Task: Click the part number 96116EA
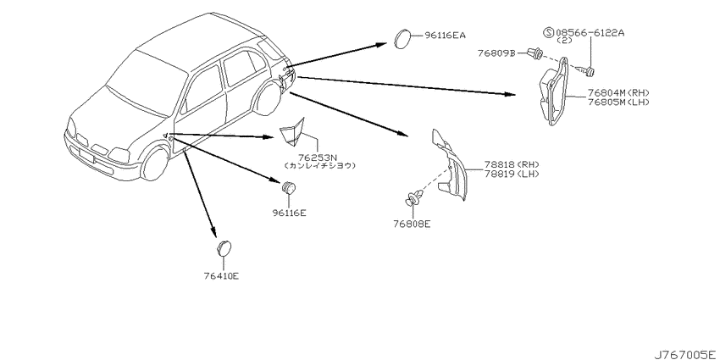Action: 445,35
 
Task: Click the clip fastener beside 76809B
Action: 534,53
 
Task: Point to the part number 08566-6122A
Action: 591,32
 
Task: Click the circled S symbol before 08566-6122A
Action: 549,32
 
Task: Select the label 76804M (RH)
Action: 618,93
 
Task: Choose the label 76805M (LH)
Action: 618,102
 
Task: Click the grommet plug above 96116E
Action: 288,187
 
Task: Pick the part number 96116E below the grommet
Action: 290,213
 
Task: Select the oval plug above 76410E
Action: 224,248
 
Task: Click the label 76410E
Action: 222,276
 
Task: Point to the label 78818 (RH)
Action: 511,165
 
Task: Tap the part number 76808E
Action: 412,224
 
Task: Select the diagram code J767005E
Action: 685,353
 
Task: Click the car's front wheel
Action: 155,163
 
